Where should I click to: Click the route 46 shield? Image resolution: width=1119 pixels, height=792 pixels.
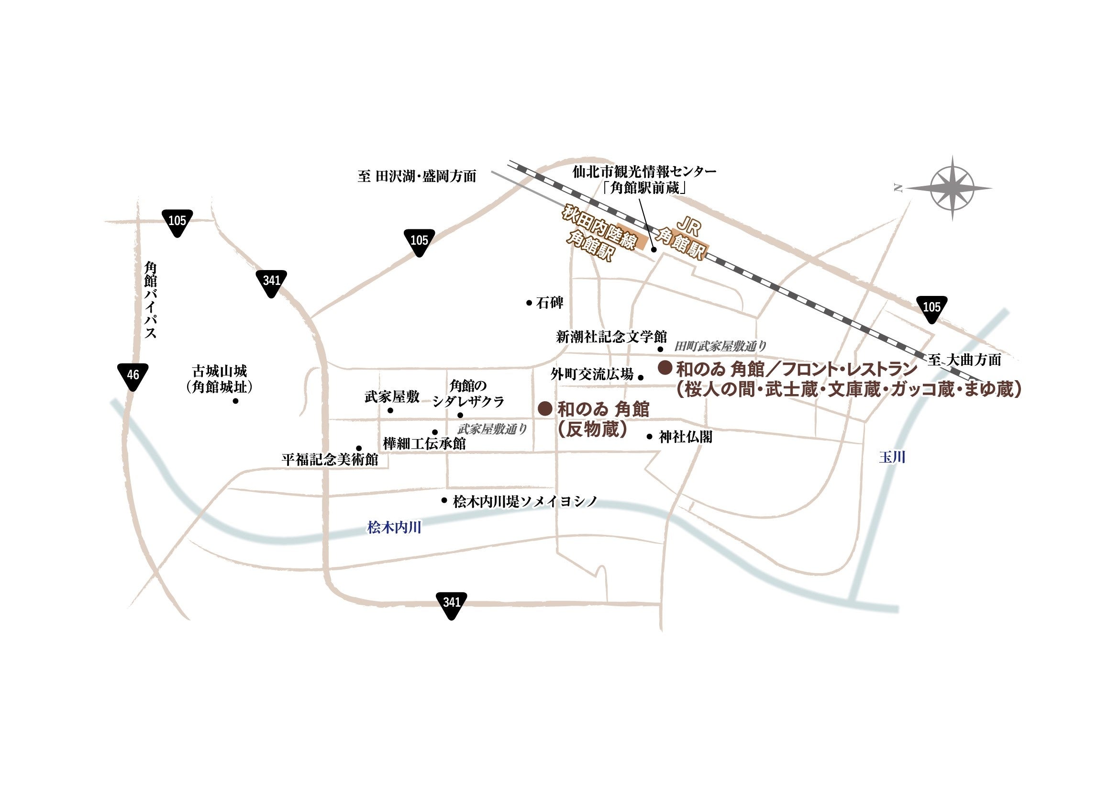133,375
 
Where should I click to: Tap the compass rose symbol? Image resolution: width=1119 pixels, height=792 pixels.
952,188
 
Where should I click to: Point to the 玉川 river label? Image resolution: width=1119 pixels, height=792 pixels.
892,457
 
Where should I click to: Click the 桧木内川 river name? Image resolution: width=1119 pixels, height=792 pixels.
394,527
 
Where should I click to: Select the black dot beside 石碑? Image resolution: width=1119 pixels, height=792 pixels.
529,303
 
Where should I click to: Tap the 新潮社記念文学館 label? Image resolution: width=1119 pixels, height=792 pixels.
611,337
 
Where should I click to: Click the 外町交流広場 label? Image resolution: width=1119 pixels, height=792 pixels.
592,374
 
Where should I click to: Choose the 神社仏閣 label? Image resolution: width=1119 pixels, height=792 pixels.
686,437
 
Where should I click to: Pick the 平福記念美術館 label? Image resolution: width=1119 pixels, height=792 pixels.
330,459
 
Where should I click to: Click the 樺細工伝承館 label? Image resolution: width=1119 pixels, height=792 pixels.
424,443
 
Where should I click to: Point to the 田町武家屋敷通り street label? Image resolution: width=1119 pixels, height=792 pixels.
720,346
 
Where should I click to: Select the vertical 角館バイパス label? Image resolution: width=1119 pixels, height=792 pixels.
150,300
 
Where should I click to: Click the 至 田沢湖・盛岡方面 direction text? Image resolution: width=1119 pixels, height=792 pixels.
417,176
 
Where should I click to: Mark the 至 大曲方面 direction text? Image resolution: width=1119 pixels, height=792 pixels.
964,360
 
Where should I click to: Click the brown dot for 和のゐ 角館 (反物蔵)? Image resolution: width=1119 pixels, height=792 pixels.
544,408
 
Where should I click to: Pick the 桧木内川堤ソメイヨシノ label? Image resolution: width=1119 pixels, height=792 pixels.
525,501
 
